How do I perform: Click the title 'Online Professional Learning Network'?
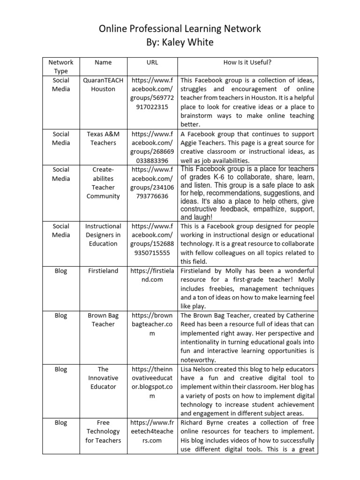180,29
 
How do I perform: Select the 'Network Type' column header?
61,67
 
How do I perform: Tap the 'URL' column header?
152,62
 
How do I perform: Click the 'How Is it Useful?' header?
247,62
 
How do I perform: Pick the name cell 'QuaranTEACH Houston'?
103,85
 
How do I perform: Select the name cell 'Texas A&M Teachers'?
103,138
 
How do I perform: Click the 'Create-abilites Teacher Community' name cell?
103,183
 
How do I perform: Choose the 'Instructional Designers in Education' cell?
103,235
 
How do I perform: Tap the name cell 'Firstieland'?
103,271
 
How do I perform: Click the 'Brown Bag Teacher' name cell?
103,320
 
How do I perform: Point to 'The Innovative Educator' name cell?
103,378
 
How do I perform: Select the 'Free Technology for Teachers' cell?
103,431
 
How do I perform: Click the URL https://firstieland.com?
152,275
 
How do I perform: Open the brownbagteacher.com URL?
152,324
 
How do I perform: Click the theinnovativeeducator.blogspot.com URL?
152,382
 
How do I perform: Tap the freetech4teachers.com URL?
152,431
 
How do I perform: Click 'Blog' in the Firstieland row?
61,271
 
